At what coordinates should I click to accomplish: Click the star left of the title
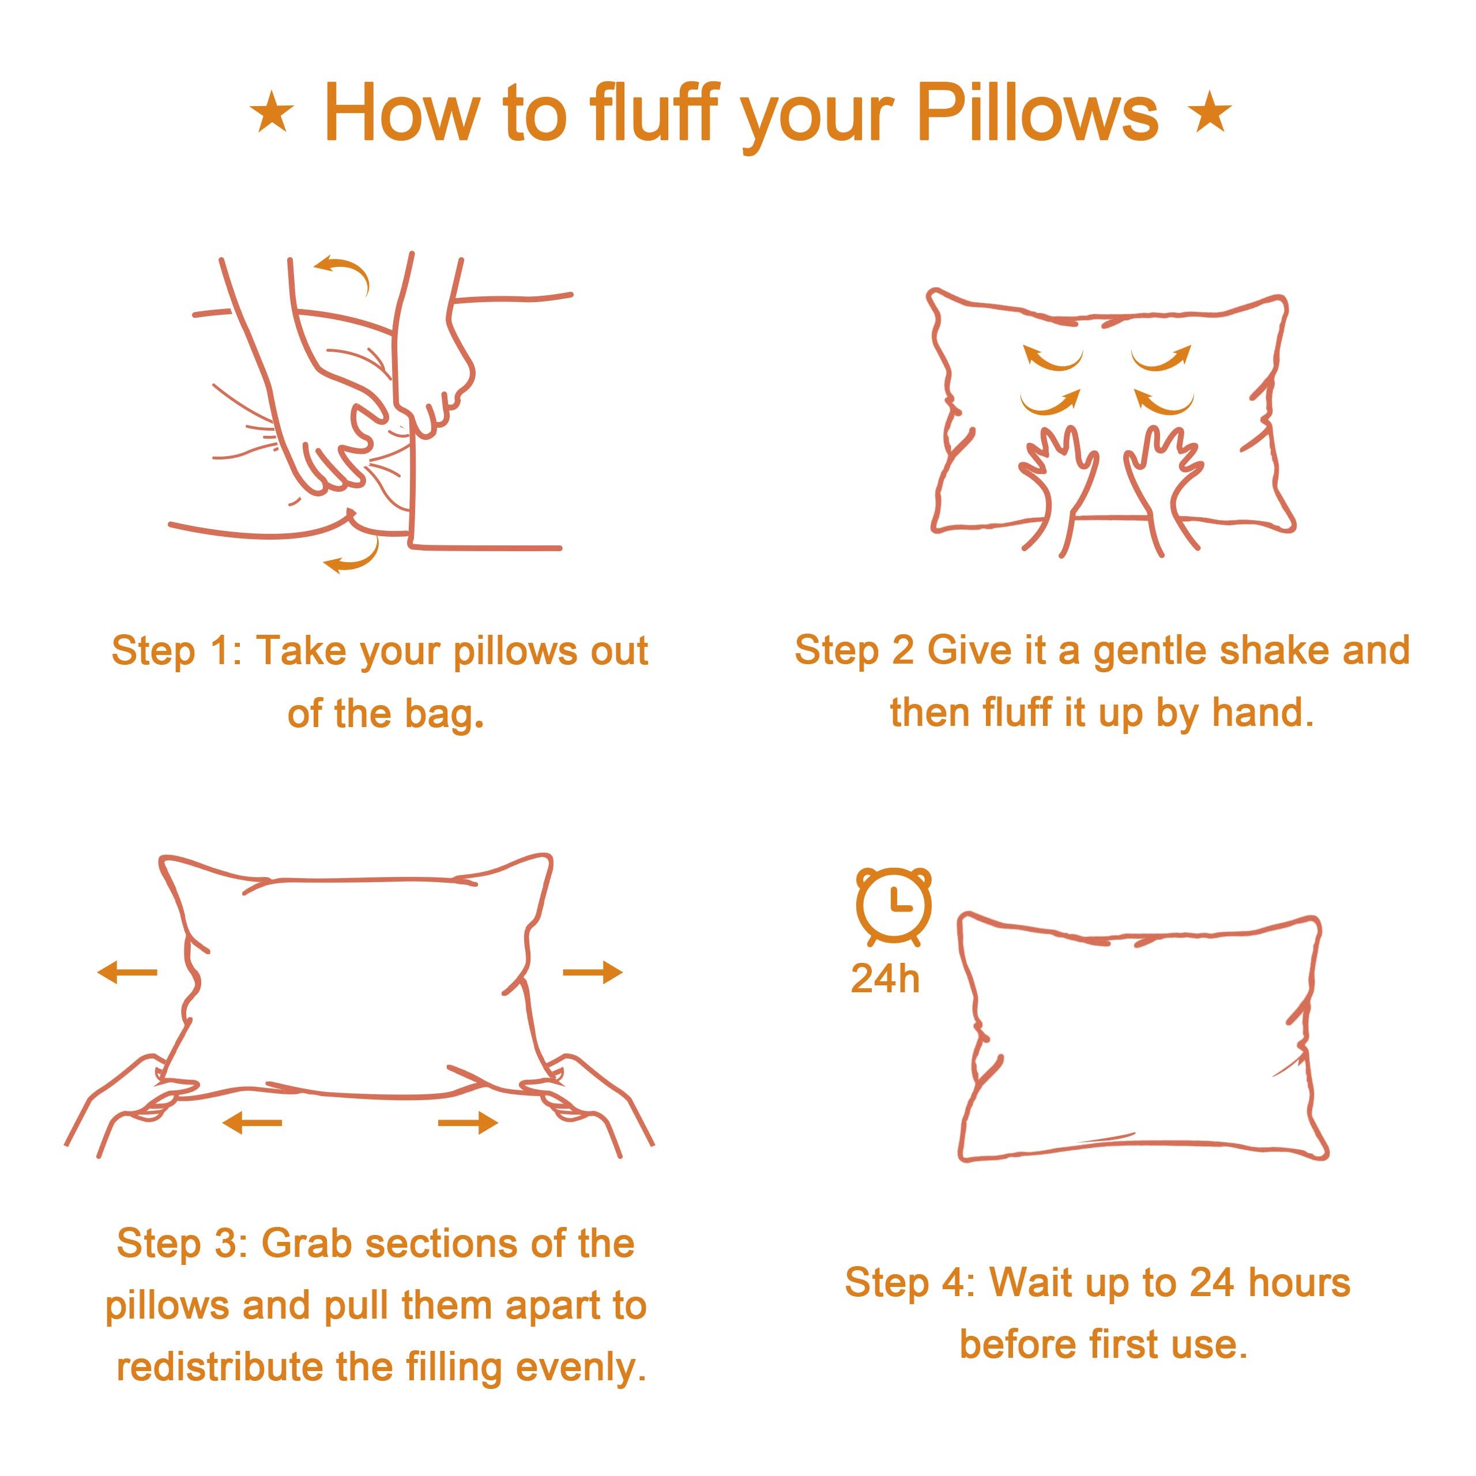tap(272, 115)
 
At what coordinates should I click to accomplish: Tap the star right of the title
tap(1210, 115)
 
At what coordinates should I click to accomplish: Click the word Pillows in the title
tap(1037, 115)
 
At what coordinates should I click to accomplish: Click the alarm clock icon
tap(893, 907)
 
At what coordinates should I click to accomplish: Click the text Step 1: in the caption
tap(176, 652)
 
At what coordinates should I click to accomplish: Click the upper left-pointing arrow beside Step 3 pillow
tap(127, 973)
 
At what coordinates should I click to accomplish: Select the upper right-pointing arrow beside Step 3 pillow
tap(593, 973)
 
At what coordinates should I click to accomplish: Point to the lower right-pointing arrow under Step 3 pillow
tap(468, 1123)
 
